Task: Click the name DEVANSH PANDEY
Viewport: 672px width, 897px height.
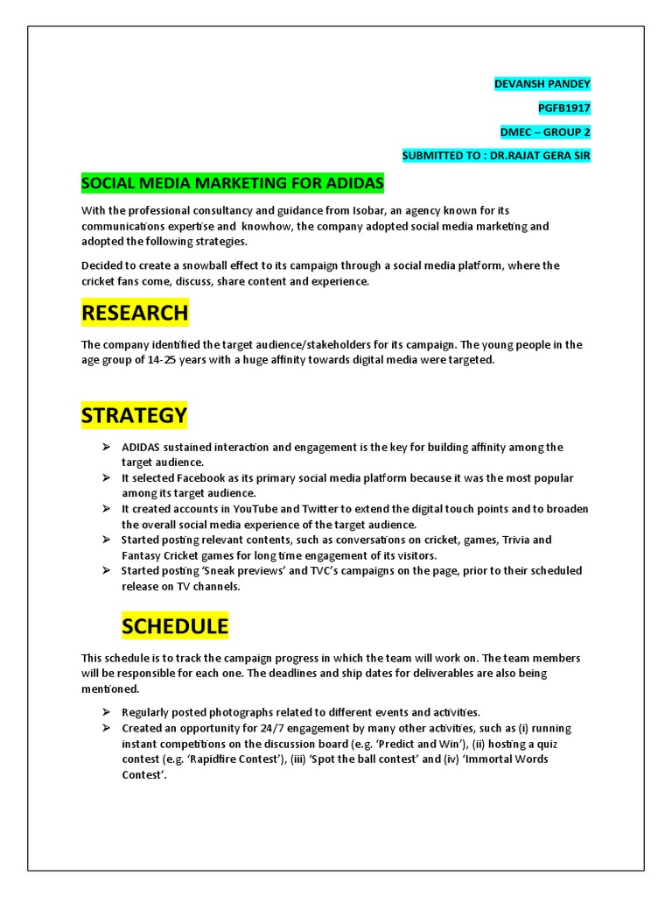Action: click(x=542, y=84)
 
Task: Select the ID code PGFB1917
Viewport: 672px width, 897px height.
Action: click(x=564, y=108)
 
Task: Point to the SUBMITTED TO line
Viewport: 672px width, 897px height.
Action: click(x=496, y=155)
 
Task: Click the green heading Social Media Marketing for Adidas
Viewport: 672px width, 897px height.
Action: click(x=232, y=183)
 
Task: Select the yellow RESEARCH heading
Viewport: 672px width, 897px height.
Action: click(x=135, y=312)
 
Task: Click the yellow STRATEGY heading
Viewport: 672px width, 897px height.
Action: click(x=135, y=414)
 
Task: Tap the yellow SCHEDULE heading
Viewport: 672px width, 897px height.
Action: click(x=175, y=625)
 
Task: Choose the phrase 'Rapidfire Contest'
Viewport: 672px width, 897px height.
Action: click(x=229, y=759)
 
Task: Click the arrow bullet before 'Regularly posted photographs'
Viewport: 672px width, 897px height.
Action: click(x=105, y=712)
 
